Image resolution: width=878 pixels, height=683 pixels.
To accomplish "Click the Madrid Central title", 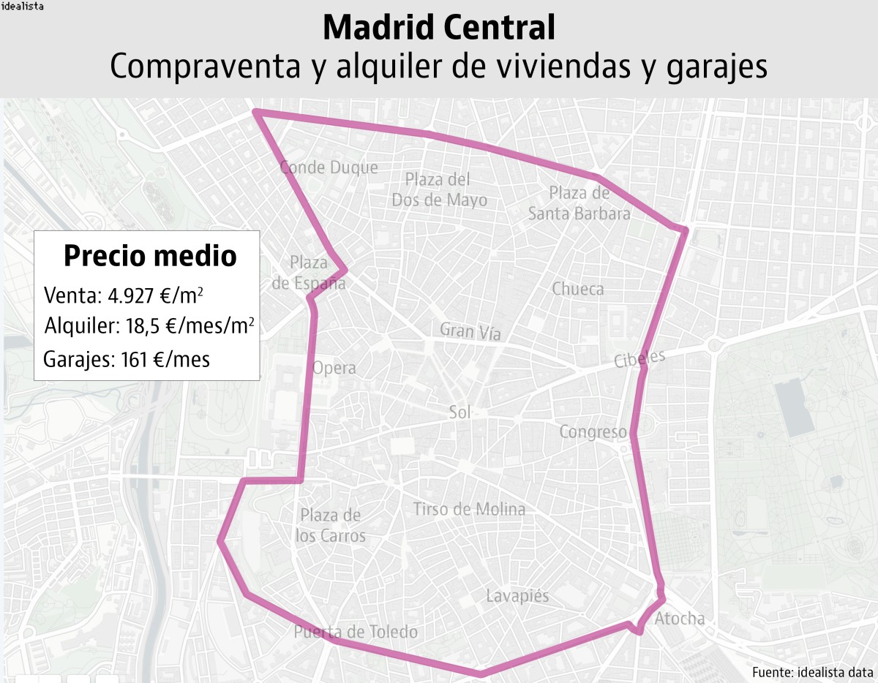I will click(438, 28).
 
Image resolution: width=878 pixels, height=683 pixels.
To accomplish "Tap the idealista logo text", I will click(23, 7).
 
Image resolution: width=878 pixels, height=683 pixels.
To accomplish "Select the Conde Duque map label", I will click(329, 167).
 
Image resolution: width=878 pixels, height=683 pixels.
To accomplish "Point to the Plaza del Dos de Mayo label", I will click(439, 189).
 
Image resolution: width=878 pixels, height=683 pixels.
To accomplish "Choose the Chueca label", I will click(578, 289).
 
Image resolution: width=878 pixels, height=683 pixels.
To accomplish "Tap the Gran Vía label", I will click(470, 331).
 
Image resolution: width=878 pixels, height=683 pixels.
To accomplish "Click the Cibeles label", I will click(639, 358).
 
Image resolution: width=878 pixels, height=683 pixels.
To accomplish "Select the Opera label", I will click(334, 368).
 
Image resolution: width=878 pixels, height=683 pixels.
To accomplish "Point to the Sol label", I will click(459, 412).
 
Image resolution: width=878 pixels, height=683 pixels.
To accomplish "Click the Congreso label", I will click(593, 431).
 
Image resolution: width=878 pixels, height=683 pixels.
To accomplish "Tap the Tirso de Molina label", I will click(469, 509).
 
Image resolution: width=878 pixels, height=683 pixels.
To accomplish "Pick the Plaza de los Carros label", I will click(330, 525).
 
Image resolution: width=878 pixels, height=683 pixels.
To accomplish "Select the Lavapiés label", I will click(517, 596).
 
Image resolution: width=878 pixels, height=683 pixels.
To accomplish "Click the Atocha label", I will click(680, 619).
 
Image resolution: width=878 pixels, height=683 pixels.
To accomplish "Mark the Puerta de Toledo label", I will click(356, 632).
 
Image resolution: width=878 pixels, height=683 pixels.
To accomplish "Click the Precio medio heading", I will click(150, 256).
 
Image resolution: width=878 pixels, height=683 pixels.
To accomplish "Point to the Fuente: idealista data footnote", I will click(812, 671).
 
